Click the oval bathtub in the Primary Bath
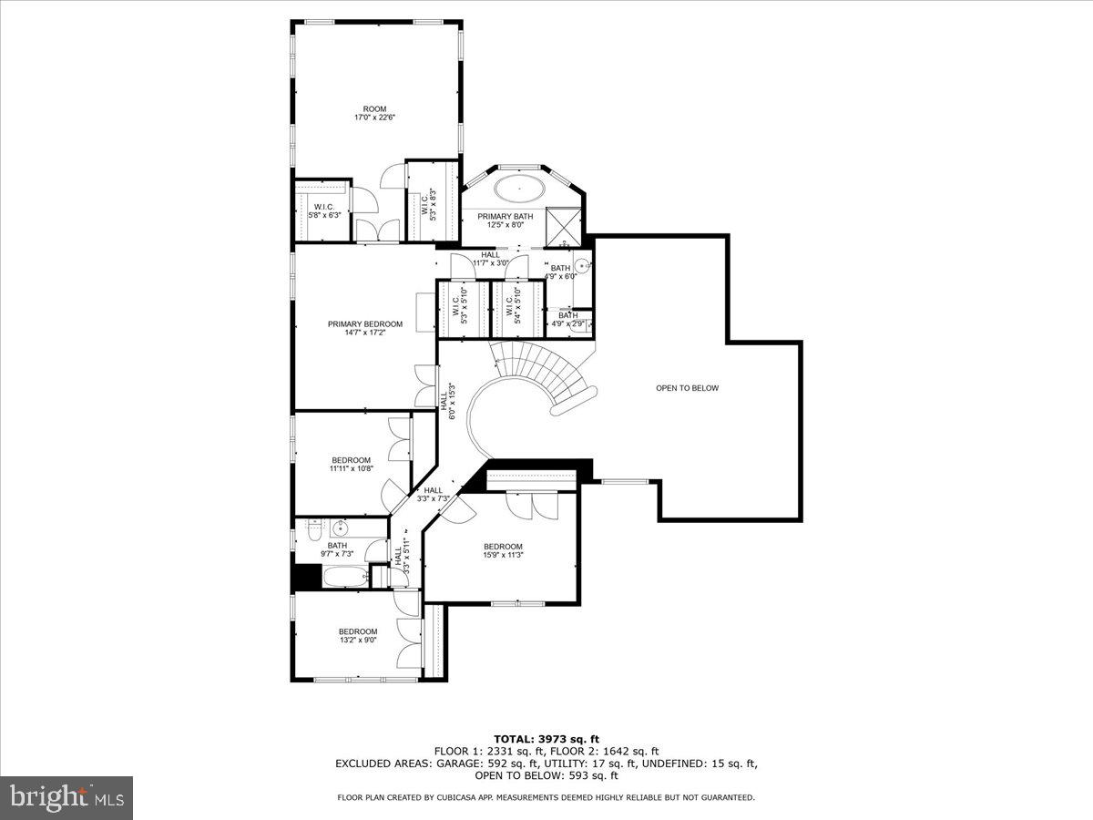pyautogui.click(x=521, y=190)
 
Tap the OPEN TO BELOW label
pyautogui.click(x=687, y=388)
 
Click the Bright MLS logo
pyautogui.click(x=66, y=797)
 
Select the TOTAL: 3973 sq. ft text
pyautogui.click(x=546, y=739)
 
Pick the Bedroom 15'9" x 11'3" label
pyautogui.click(x=503, y=550)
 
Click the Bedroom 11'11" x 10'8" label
pyautogui.click(x=351, y=464)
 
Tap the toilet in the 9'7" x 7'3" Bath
pyautogui.click(x=312, y=529)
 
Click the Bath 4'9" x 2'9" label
pyautogui.click(x=568, y=320)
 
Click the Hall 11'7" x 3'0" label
pyautogui.click(x=490, y=259)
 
